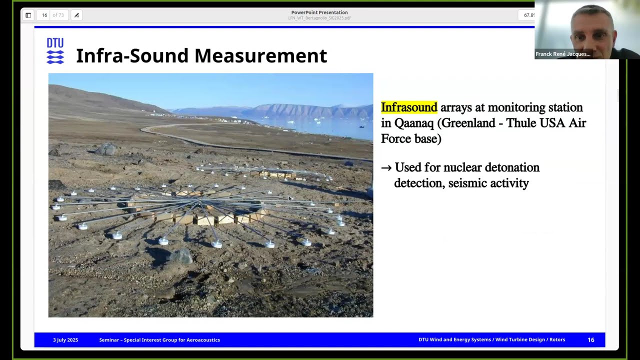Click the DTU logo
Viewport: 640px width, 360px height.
55,51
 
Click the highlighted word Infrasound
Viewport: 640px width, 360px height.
409,107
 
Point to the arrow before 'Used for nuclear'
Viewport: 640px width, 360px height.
386,168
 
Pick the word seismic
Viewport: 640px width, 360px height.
467,183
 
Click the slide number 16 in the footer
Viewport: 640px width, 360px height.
590,340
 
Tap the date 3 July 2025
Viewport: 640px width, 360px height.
65,340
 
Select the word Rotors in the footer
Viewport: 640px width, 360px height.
557,340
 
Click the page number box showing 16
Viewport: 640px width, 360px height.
44,15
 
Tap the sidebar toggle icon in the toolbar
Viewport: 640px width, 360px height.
28,15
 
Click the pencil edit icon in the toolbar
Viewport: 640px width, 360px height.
76,15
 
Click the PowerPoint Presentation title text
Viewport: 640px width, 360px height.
319,12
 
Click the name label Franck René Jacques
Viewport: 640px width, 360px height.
562,54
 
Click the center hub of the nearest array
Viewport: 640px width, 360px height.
200,202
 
